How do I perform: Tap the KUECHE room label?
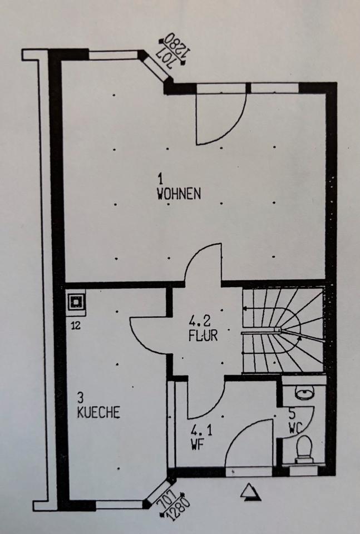(99, 413)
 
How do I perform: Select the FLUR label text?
(201, 335)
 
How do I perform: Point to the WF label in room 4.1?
(196, 444)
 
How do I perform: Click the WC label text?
(295, 429)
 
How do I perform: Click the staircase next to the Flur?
(283, 332)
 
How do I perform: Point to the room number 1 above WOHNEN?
(160, 179)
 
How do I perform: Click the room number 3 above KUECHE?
(81, 398)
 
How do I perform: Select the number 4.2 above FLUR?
(200, 322)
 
